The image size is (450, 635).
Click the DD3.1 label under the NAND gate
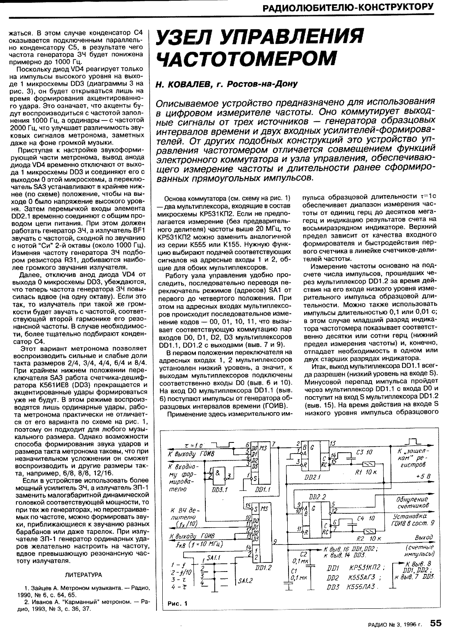[x=216, y=490]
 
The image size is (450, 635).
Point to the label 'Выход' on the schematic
[x=423, y=537]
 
